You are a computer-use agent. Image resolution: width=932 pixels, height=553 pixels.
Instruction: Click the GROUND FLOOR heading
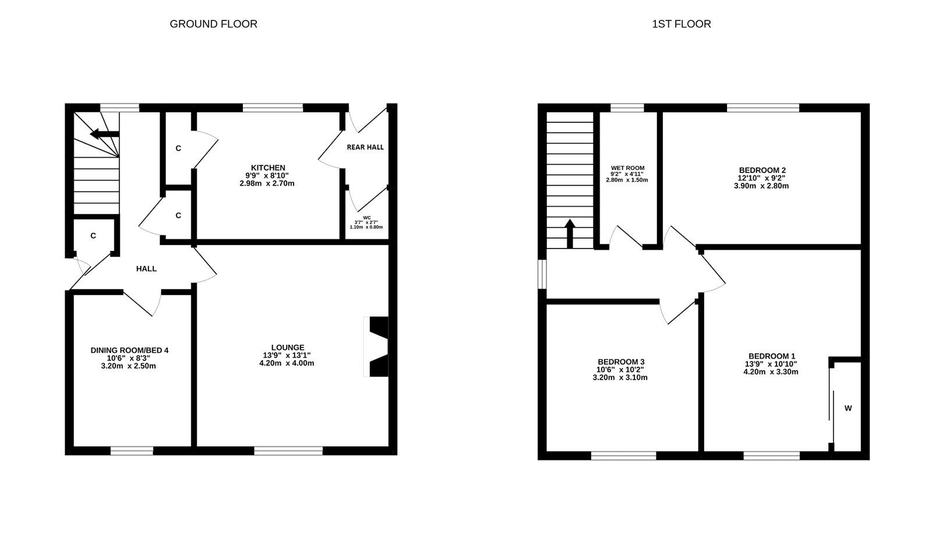pyautogui.click(x=213, y=24)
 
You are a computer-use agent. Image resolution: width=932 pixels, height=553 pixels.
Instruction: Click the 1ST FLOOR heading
pyautogui.click(x=682, y=24)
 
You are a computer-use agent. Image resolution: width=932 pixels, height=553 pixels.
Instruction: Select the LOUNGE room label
pyautogui.click(x=287, y=348)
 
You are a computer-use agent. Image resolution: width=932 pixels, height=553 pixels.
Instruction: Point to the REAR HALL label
pyautogui.click(x=365, y=147)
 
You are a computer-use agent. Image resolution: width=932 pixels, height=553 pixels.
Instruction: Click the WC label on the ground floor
pyautogui.click(x=366, y=218)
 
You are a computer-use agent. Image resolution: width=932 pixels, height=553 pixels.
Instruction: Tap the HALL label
pyautogui.click(x=146, y=268)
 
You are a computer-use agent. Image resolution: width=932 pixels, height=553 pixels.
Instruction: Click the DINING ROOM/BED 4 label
pyautogui.click(x=129, y=350)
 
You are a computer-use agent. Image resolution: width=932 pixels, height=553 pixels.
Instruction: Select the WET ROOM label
pyautogui.click(x=627, y=168)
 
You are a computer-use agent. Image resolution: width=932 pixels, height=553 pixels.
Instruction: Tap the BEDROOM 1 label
pyautogui.click(x=771, y=356)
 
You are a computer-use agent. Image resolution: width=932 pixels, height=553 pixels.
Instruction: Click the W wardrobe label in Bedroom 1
pyautogui.click(x=848, y=408)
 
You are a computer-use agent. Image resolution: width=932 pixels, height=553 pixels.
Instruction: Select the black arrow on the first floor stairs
pyautogui.click(x=570, y=232)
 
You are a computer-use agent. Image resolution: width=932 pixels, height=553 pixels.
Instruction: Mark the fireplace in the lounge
pyautogui.click(x=377, y=347)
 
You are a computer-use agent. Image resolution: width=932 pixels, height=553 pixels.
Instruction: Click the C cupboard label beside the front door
pyautogui.click(x=93, y=236)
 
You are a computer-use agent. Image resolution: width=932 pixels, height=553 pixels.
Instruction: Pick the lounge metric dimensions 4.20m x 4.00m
pyautogui.click(x=287, y=363)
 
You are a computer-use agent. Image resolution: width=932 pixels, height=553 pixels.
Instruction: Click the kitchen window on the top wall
pyautogui.click(x=273, y=107)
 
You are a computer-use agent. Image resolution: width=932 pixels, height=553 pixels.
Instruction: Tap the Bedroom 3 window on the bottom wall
pyautogui.click(x=623, y=455)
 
